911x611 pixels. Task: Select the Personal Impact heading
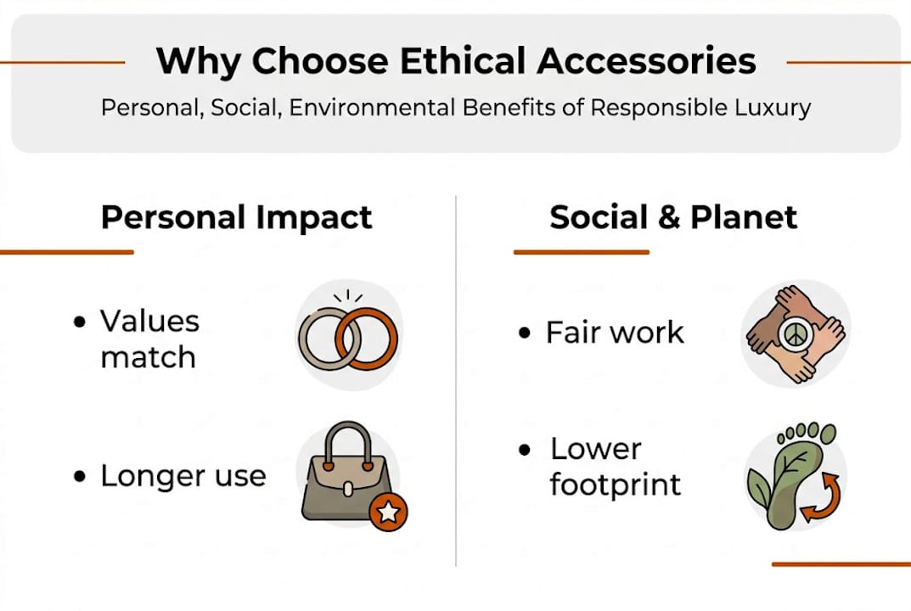(x=236, y=217)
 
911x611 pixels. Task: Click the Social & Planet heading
(x=673, y=217)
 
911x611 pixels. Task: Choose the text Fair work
(x=614, y=332)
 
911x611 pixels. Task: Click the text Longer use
(x=183, y=476)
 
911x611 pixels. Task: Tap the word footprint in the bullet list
(x=615, y=485)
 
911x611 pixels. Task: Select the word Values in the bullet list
(x=149, y=321)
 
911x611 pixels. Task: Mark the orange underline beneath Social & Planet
(x=581, y=252)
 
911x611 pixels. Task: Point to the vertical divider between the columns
(x=456, y=382)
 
